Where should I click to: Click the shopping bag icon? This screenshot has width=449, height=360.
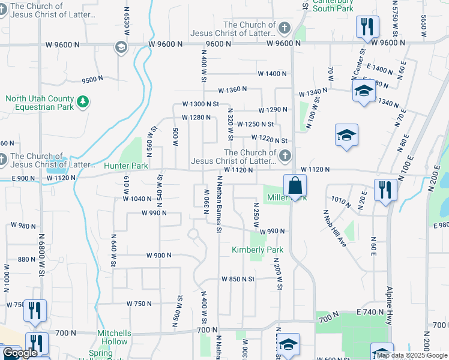(x=295, y=185)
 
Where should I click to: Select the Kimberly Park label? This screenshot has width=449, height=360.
(x=258, y=250)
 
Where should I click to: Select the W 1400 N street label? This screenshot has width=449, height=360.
(x=272, y=74)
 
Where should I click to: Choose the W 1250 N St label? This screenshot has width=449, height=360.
(x=255, y=124)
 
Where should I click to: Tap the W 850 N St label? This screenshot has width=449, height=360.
(x=238, y=279)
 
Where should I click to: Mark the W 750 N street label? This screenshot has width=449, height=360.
(x=139, y=304)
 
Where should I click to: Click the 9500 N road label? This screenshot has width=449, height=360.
(x=93, y=80)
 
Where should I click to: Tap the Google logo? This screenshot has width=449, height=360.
(x=20, y=353)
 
